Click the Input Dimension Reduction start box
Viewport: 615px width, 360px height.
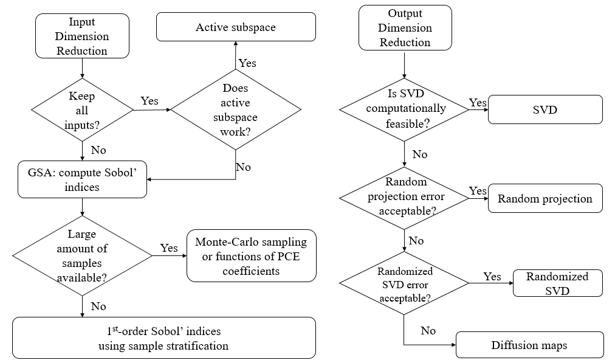point(82,36)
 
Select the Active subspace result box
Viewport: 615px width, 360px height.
point(236,27)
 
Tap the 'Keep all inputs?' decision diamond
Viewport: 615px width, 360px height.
point(82,111)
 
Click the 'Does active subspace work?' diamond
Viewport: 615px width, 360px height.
point(236,110)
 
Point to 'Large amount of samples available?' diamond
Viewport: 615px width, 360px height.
point(82,255)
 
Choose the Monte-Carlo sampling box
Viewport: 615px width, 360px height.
point(251,256)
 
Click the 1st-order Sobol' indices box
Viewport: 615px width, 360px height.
point(164,338)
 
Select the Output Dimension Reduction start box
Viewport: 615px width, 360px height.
point(405,28)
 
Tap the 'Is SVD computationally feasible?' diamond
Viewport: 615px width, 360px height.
point(404,109)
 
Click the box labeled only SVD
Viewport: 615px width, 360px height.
point(545,109)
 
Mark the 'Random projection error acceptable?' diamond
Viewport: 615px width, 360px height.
point(404,196)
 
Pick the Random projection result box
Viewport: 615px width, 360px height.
point(545,199)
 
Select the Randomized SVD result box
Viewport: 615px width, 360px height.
point(557,283)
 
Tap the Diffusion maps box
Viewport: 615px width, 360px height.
point(529,345)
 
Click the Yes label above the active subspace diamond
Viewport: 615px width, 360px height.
point(247,63)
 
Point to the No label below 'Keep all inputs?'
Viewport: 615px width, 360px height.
point(98,150)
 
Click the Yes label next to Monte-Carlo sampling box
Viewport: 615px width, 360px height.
point(169,247)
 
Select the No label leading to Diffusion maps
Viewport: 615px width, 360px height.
point(428,331)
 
